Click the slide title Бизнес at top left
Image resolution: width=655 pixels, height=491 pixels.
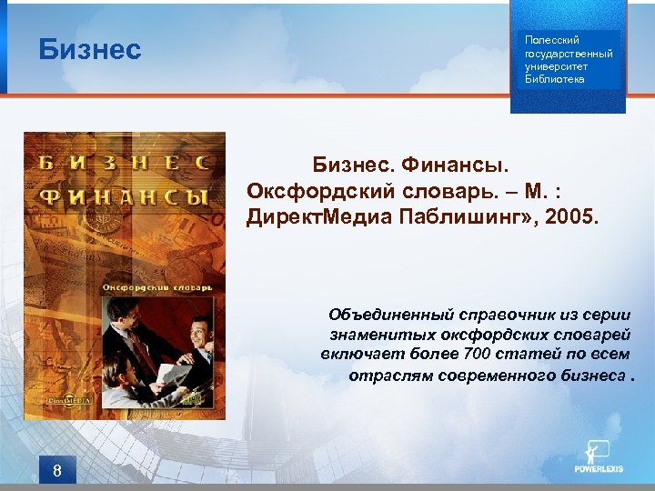point(90,49)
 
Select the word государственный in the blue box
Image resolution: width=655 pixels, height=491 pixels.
point(569,53)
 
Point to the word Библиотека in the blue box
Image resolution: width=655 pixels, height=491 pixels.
point(555,79)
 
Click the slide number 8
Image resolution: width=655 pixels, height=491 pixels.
point(57,470)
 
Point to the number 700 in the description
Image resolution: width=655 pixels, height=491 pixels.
point(477,354)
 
